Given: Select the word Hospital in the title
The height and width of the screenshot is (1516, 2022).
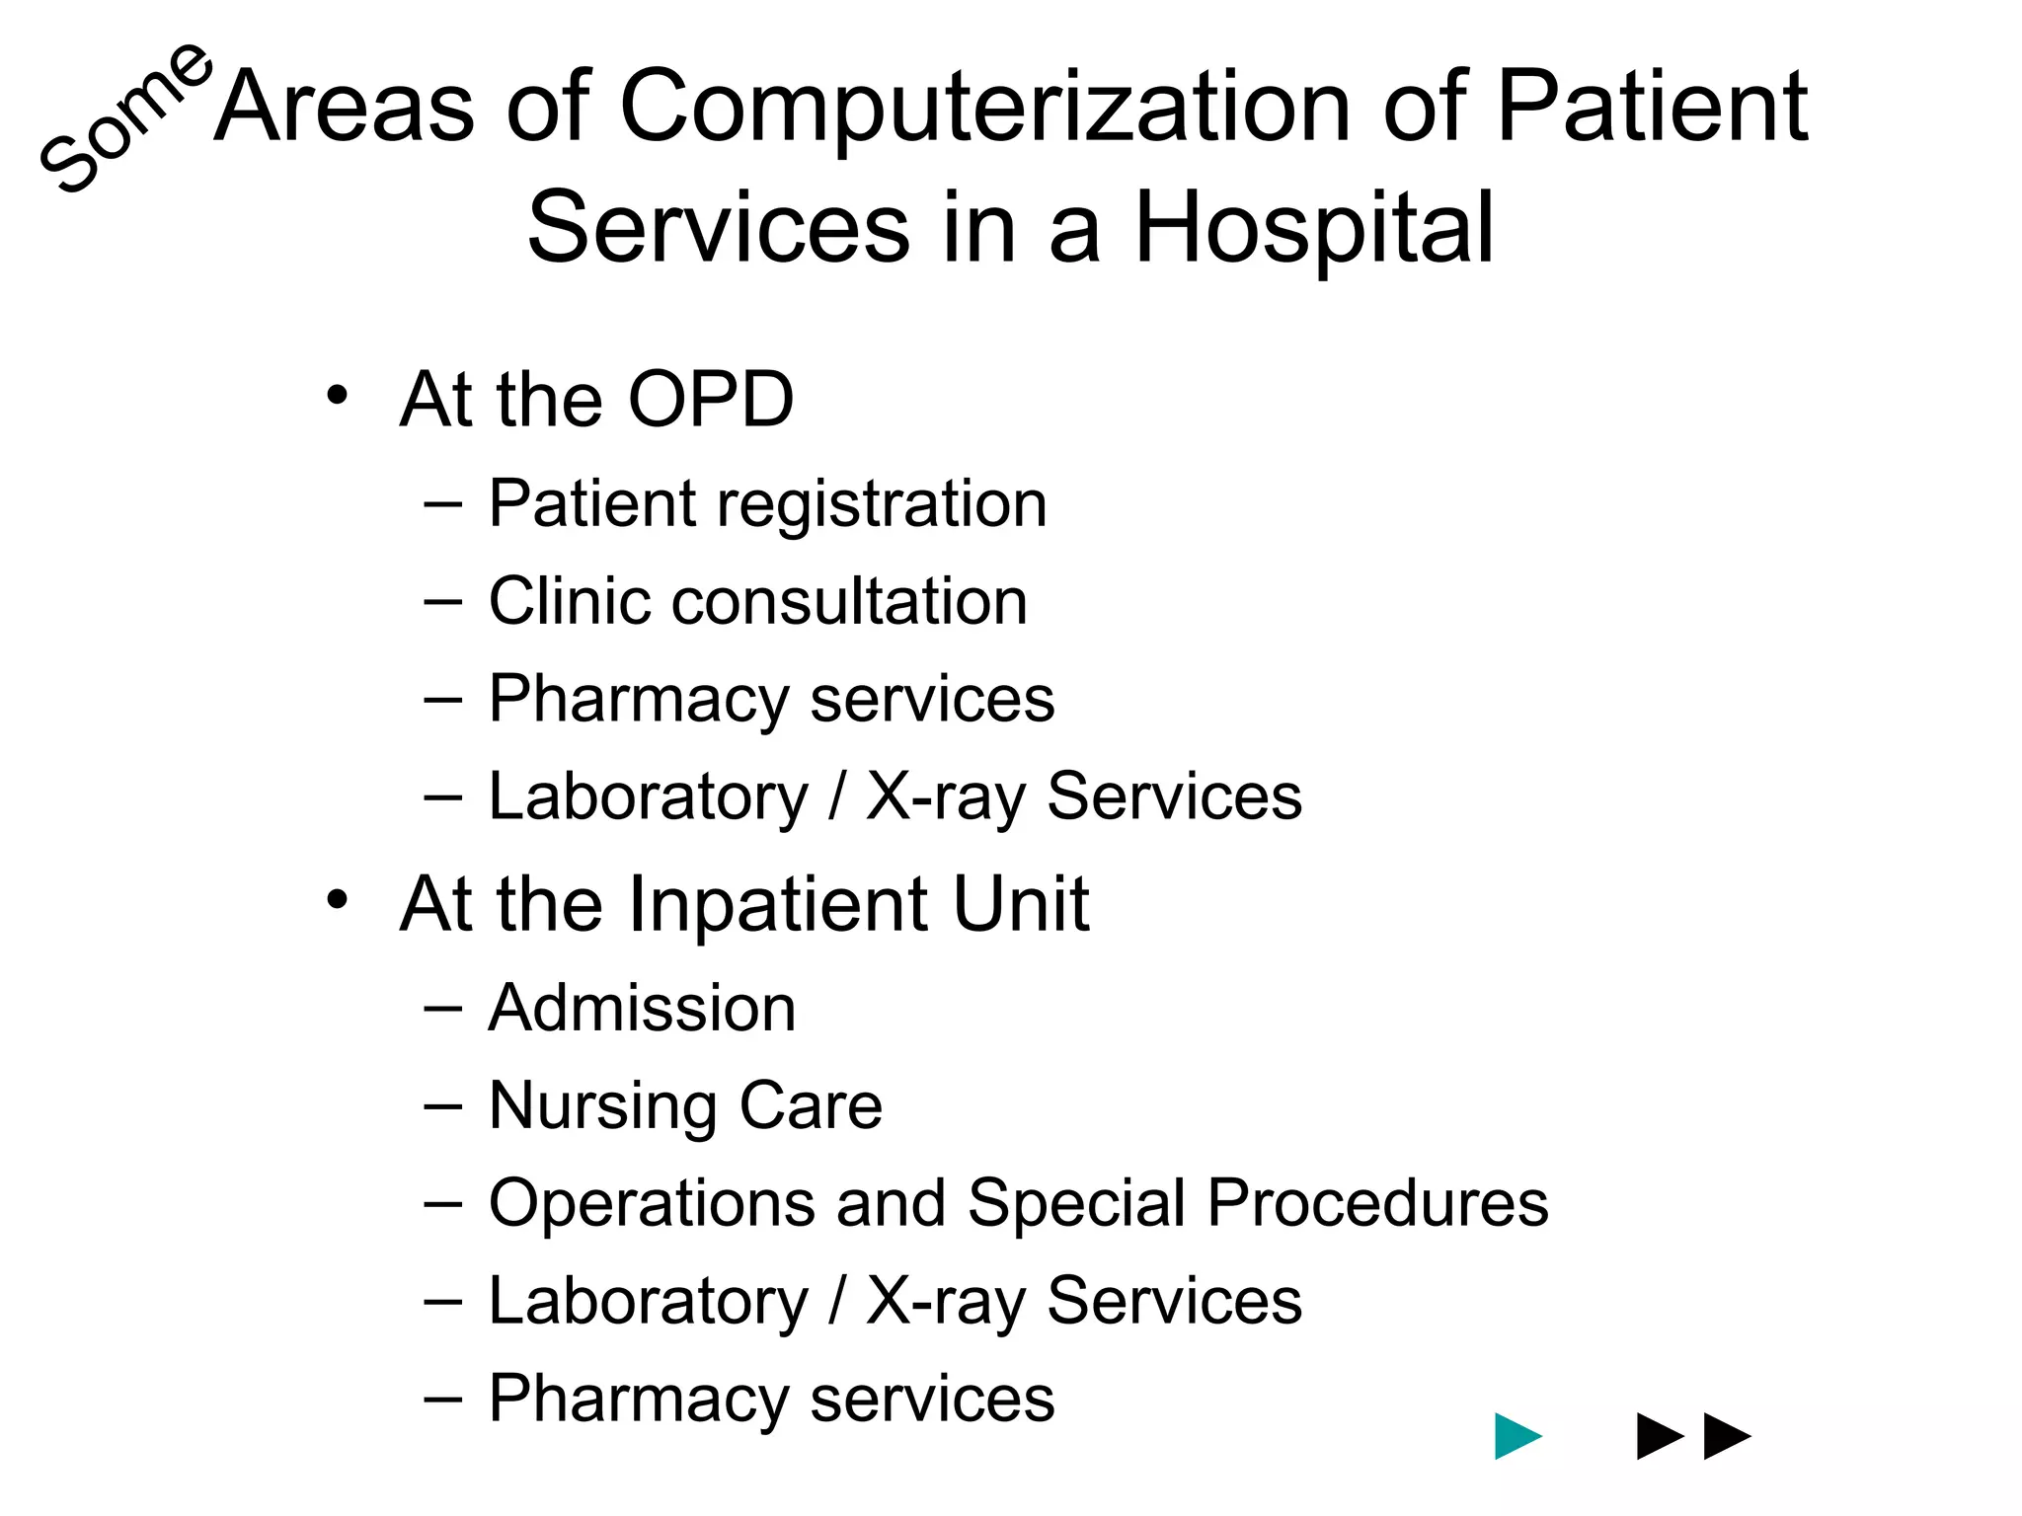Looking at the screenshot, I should point(1314,228).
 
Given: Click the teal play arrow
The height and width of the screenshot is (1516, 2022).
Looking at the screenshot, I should point(1517,1436).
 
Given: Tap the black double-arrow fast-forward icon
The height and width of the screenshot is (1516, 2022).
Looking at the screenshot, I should point(1693,1436).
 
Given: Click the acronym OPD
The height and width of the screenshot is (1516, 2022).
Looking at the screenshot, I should point(710,400).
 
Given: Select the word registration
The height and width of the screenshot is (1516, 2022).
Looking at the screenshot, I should point(881,505).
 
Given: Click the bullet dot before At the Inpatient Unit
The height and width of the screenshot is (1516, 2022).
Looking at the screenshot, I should point(338,900).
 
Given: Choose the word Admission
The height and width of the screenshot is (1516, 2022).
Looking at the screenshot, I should point(642,1009).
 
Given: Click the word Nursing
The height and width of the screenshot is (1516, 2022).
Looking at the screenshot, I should point(599,1106).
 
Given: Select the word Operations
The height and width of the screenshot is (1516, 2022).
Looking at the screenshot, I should point(653,1203).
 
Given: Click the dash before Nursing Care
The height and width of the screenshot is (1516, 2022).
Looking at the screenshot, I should point(442,1106).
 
